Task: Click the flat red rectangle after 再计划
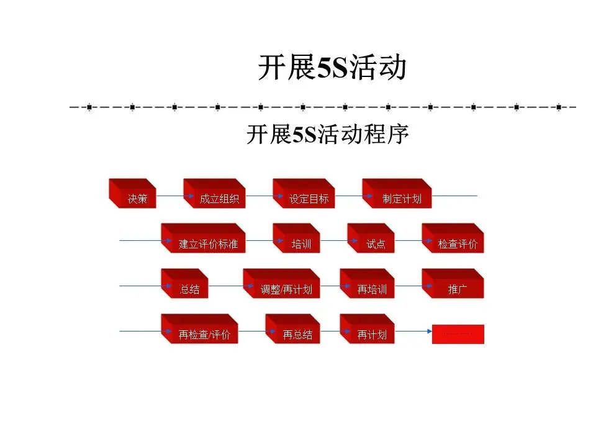pyautogui.click(x=458, y=335)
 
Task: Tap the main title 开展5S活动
pyautogui.click(x=332, y=68)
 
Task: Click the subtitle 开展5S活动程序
pyautogui.click(x=328, y=135)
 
